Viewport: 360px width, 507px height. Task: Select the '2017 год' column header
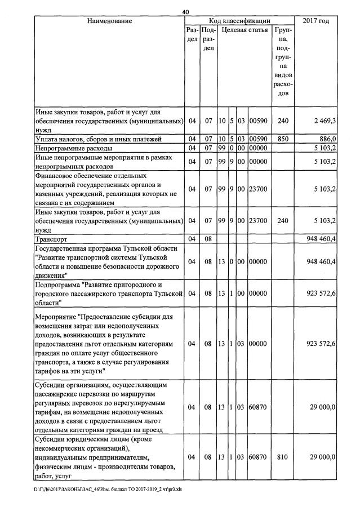[x=316, y=21]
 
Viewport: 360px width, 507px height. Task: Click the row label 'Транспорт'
[x=51, y=239]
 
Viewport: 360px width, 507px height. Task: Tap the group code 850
[x=283, y=139]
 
